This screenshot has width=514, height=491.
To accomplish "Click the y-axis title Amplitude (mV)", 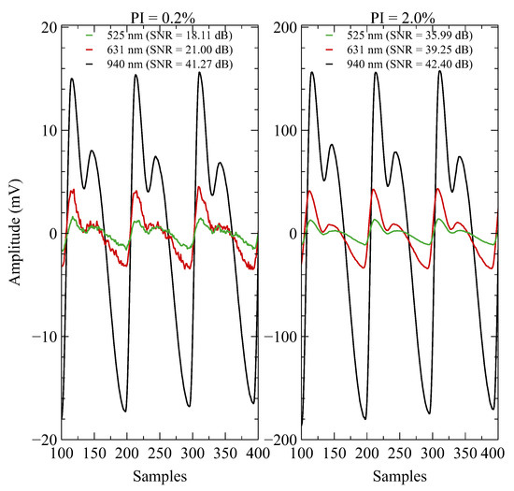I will pos(11,232).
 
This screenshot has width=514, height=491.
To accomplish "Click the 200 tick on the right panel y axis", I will pos(284,27).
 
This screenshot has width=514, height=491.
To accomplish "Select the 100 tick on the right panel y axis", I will pos(284,130).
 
